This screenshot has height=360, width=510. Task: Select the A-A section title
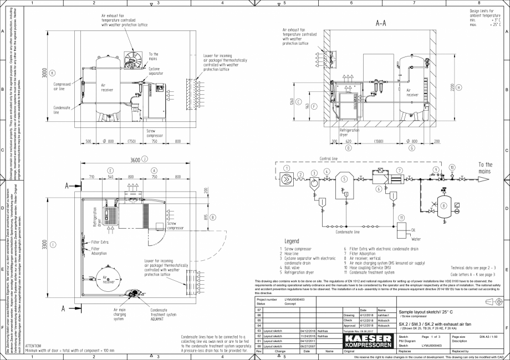(381, 24)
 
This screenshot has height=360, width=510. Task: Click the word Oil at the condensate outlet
(414, 230)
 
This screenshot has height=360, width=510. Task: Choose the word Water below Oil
(416, 239)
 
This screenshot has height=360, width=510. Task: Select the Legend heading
(291, 241)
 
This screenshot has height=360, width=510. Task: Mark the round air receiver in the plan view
(108, 280)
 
